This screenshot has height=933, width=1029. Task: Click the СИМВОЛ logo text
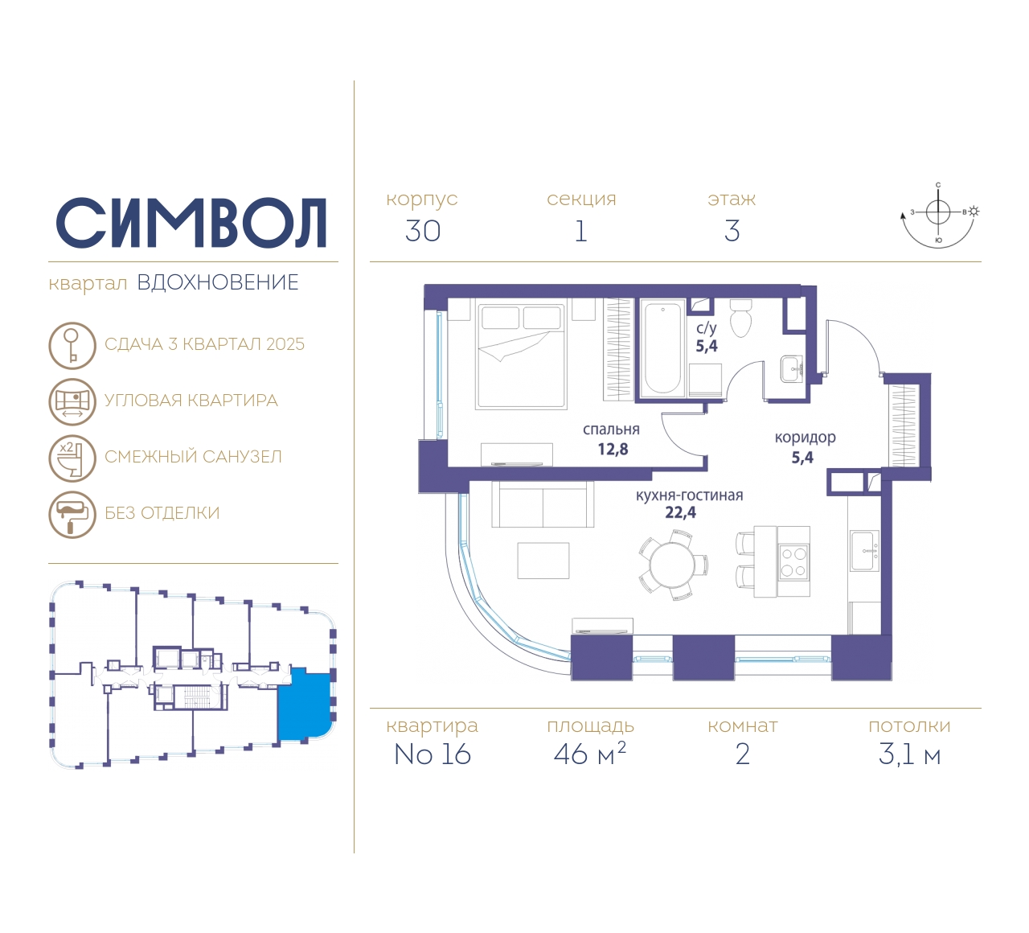click(191, 224)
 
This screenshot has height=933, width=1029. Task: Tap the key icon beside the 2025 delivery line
click(72, 346)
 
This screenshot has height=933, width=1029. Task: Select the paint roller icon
click(72, 515)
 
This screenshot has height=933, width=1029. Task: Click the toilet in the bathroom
click(740, 319)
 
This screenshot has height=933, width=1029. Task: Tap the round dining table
click(672, 565)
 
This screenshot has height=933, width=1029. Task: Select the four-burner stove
click(793, 563)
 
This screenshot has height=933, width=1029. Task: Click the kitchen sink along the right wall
click(864, 551)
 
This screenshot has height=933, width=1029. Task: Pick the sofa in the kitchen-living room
click(543, 504)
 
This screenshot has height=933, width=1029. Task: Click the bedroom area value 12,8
click(613, 450)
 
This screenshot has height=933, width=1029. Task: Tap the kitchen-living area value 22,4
click(680, 512)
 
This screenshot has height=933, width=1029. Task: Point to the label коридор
click(805, 438)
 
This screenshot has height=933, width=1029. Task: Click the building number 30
click(423, 231)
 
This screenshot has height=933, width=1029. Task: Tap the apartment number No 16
click(432, 754)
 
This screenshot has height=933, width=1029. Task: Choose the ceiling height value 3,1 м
click(909, 755)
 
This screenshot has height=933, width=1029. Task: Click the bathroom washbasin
click(792, 368)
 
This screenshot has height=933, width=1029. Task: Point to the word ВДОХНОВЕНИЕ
click(218, 283)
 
